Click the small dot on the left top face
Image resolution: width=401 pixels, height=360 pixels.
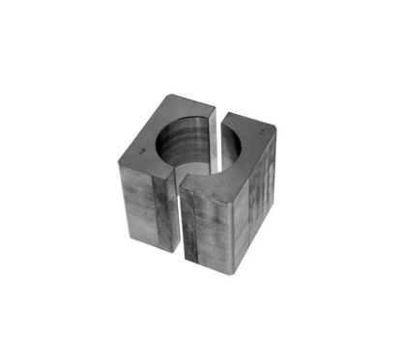point(142,151)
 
